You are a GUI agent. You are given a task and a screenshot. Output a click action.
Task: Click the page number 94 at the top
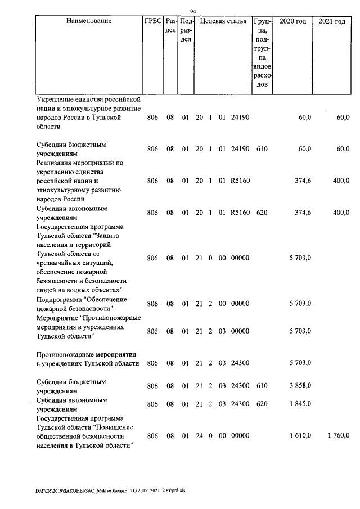click(193, 11)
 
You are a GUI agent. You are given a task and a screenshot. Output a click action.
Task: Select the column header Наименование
click(89, 21)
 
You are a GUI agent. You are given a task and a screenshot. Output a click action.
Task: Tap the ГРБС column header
click(152, 21)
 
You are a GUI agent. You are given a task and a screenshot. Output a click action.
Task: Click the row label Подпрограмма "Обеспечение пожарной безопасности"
click(81, 304)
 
